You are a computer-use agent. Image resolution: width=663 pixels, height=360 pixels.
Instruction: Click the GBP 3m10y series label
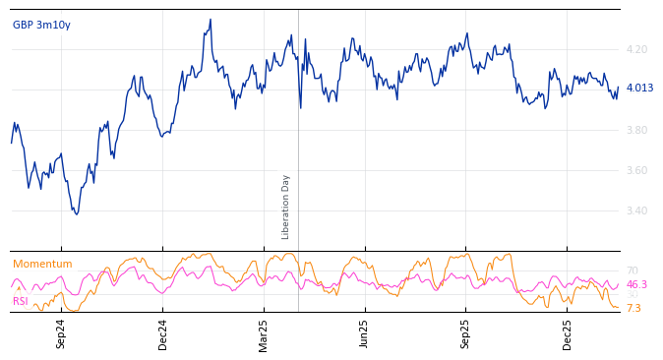(x=41, y=25)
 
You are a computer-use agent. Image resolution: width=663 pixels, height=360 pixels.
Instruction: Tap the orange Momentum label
(x=42, y=264)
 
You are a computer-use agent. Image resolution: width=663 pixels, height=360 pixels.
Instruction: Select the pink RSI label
(x=21, y=301)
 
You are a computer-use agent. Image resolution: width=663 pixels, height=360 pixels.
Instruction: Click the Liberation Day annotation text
(x=286, y=207)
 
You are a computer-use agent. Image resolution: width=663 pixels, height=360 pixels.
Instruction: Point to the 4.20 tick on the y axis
(x=636, y=49)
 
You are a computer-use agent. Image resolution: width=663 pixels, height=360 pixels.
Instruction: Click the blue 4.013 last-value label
(x=639, y=88)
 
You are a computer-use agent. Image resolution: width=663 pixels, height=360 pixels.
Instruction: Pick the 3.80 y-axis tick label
(x=636, y=130)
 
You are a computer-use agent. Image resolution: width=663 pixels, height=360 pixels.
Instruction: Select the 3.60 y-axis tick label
(x=636, y=170)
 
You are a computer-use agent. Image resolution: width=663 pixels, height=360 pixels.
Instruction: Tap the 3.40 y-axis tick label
(x=636, y=210)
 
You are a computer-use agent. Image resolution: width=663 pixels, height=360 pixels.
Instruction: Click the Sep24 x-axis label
(x=61, y=333)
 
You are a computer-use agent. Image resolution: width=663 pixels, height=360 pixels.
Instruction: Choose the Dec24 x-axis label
(x=163, y=333)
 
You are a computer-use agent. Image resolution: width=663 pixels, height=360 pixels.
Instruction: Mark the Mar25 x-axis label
(x=264, y=333)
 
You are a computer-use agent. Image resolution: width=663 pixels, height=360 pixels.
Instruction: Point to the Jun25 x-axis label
(x=365, y=333)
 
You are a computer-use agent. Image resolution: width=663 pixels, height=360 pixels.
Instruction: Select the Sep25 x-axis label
(x=466, y=333)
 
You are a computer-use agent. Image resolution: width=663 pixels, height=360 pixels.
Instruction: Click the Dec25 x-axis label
(x=568, y=333)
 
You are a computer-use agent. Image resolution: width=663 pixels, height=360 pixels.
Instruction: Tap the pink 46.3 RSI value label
(x=637, y=284)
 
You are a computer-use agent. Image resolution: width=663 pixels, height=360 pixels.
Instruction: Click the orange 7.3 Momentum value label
(x=633, y=308)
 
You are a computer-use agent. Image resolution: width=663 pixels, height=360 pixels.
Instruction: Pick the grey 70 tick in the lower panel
(x=632, y=270)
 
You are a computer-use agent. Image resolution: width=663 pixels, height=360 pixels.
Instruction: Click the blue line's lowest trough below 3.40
(x=76, y=213)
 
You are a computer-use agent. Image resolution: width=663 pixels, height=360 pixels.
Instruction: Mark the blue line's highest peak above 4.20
(x=210, y=20)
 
